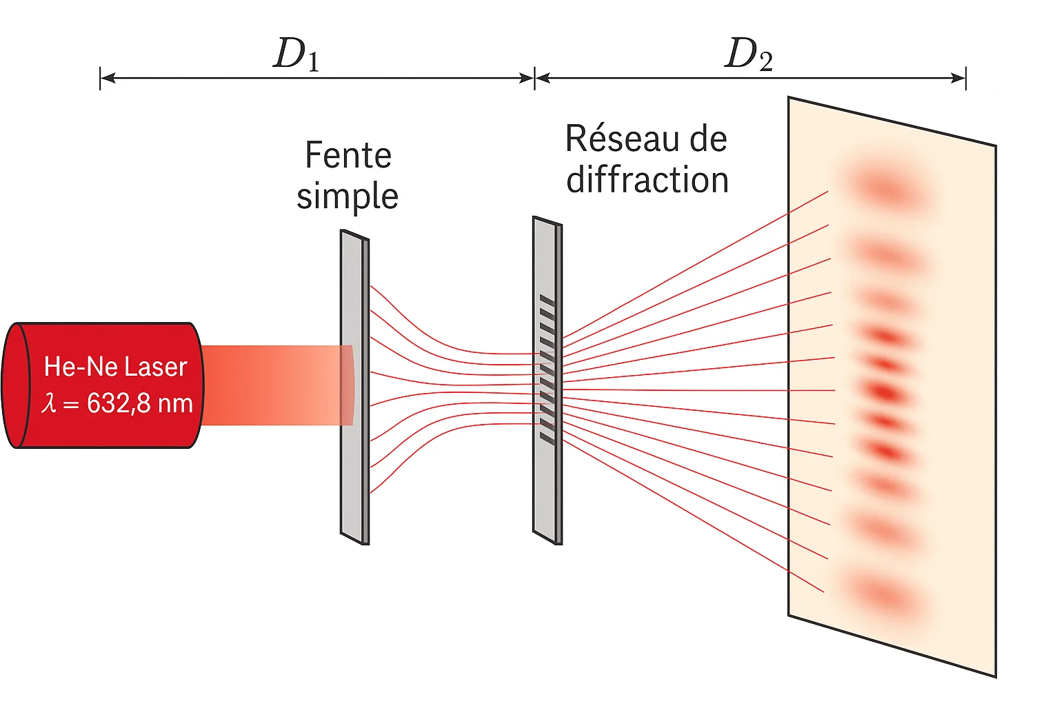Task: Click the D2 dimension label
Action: (x=749, y=54)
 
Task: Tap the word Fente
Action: (x=348, y=155)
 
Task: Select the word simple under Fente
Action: (x=347, y=196)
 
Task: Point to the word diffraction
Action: (x=647, y=180)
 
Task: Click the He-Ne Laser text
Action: (x=115, y=367)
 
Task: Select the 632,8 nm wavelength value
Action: (x=140, y=403)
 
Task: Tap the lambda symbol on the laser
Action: (x=48, y=403)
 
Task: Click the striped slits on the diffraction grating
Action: (x=547, y=368)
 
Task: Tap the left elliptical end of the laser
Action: (x=15, y=385)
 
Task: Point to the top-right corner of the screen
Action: (x=995, y=146)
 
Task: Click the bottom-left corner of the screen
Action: (x=789, y=615)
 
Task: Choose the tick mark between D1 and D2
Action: (x=534, y=79)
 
